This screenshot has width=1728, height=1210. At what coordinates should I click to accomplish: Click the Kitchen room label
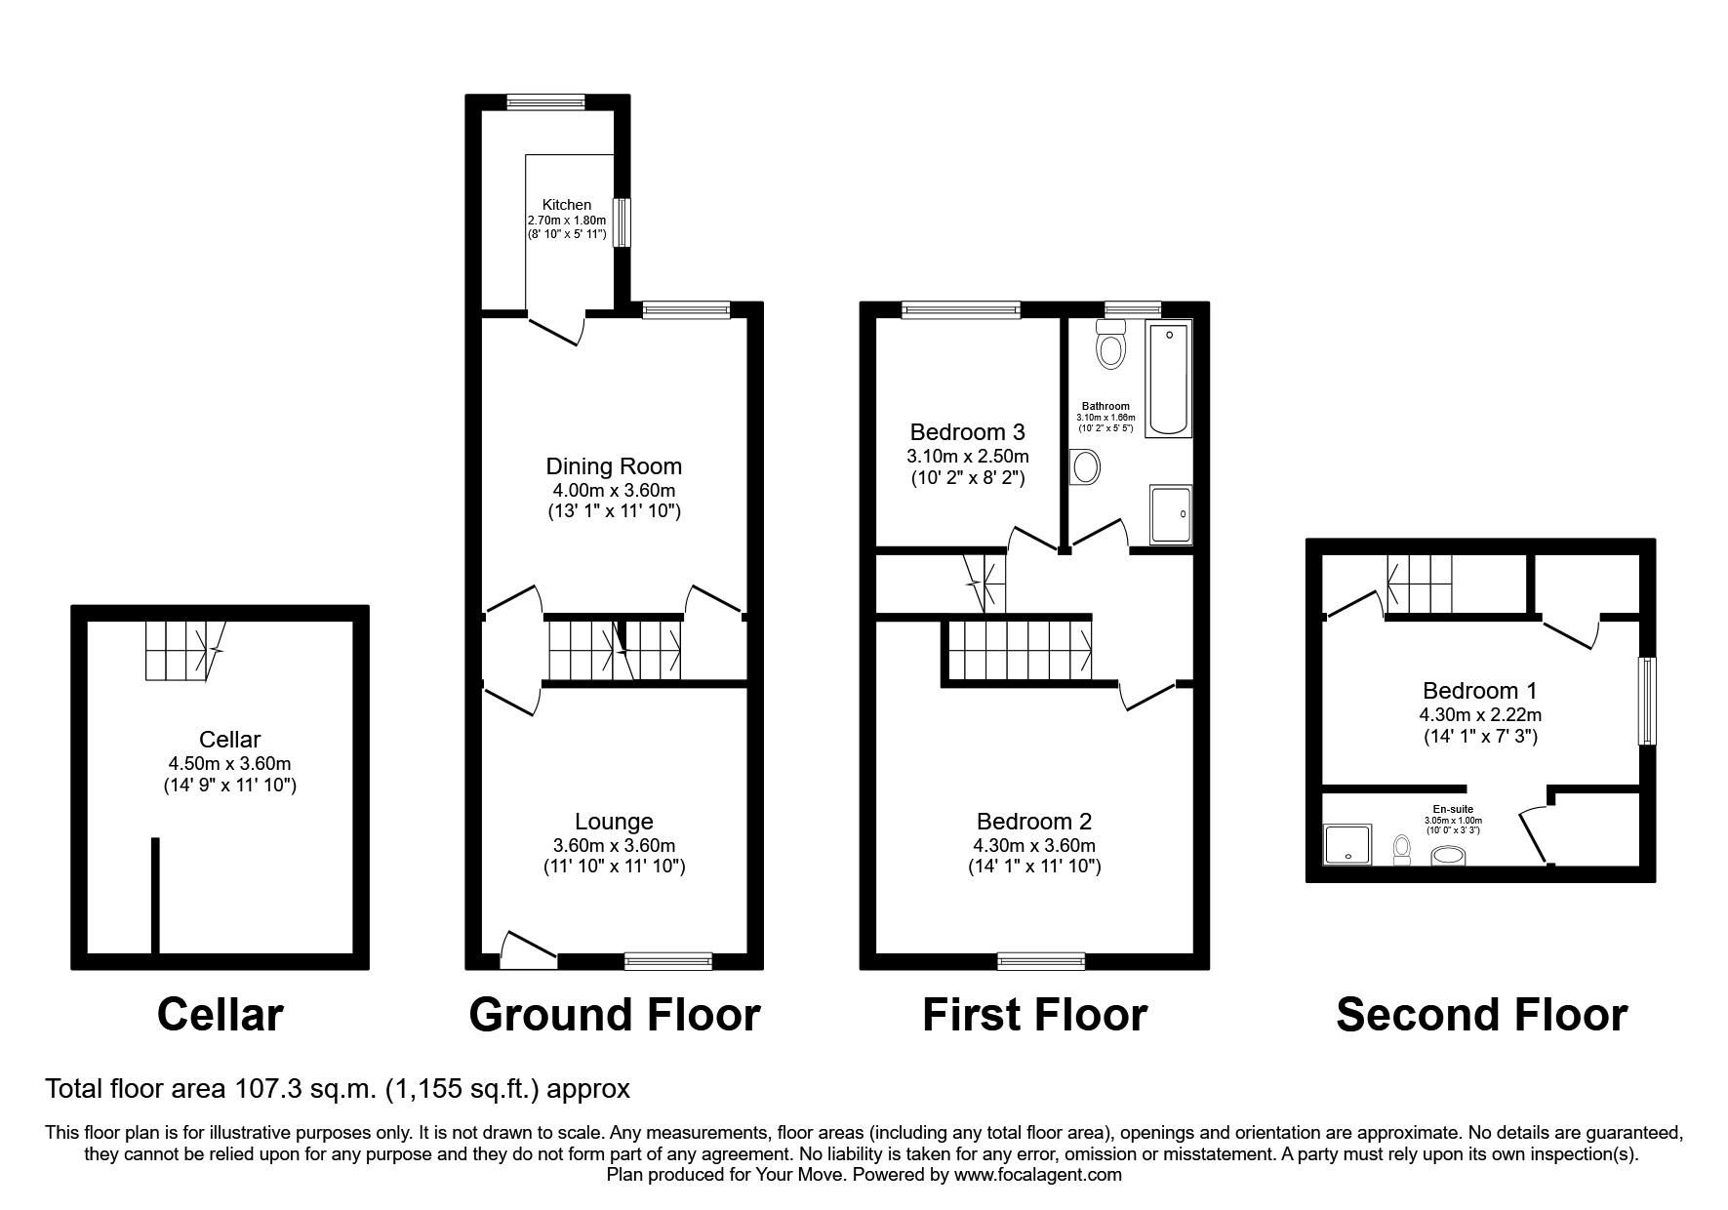[567, 205]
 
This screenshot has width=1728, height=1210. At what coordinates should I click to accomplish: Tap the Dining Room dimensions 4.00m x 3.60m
[614, 491]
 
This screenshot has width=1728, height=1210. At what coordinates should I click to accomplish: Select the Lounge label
[614, 822]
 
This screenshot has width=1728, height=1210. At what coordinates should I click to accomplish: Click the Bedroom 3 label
[967, 431]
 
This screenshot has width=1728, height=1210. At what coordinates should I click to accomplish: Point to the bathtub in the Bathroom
[1167, 380]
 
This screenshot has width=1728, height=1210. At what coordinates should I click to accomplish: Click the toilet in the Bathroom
[1110, 344]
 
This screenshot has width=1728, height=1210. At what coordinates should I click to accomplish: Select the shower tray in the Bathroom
[1171, 514]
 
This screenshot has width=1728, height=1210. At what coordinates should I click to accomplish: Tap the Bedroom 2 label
[1034, 822]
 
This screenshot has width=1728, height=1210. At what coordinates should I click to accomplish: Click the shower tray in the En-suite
[1348, 845]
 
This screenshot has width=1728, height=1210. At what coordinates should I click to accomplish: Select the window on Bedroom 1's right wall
[1647, 702]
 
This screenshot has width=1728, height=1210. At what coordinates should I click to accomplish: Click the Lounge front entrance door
[528, 950]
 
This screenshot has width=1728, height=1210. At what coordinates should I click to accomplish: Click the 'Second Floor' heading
[1480, 1015]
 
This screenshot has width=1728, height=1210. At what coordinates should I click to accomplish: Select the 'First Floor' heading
[1034, 1015]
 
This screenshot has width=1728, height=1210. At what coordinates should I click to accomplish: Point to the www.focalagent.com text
[1037, 1175]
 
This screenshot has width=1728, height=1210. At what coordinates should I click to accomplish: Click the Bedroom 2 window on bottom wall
[1040, 961]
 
